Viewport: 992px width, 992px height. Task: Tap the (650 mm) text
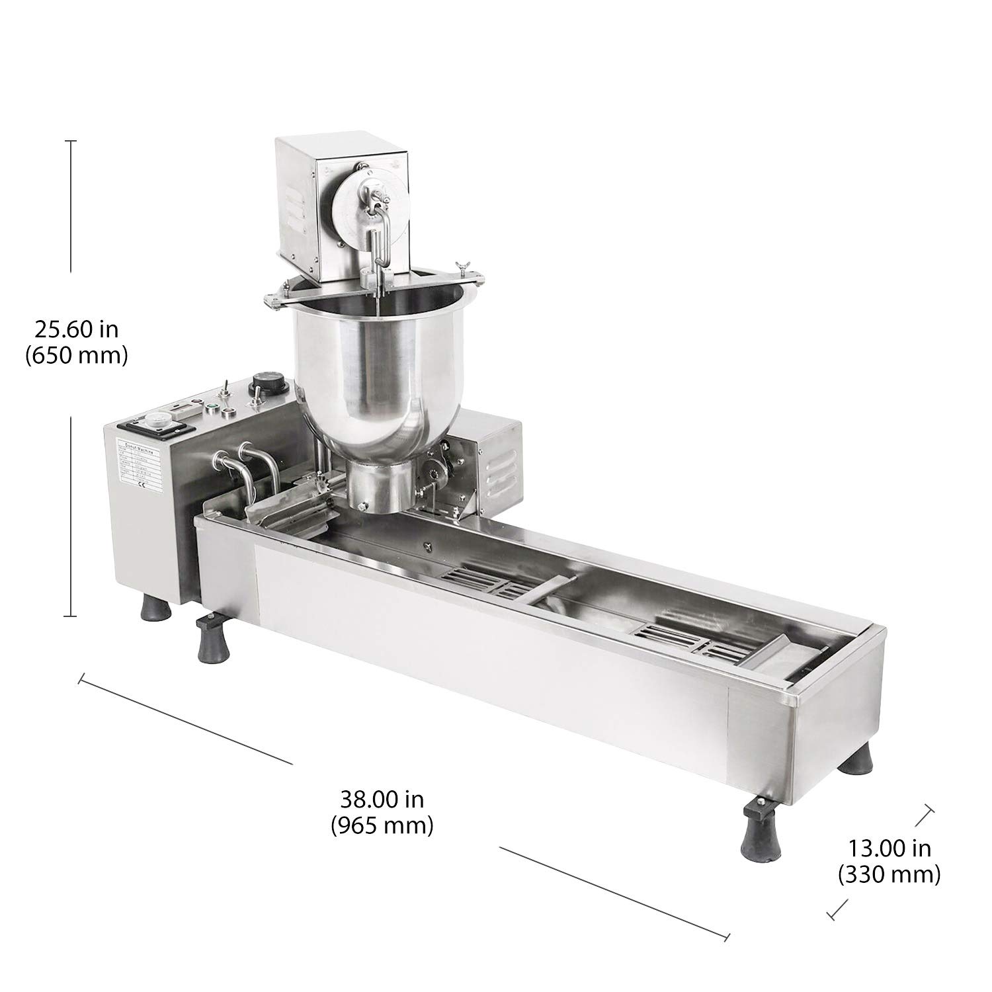(76, 356)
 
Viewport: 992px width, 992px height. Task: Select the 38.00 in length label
(382, 800)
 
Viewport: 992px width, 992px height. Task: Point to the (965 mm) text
(382, 825)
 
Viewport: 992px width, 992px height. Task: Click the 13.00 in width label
(889, 848)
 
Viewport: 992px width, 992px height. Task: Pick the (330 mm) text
(889, 875)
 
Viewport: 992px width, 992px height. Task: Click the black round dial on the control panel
(259, 383)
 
